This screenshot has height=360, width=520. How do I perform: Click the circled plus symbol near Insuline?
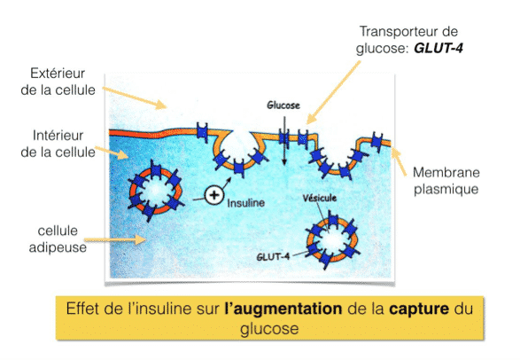[x=214, y=195]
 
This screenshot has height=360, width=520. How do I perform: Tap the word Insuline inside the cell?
[x=245, y=203]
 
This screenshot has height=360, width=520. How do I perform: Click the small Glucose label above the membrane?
[x=283, y=106]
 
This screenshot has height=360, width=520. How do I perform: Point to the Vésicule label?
[x=320, y=198]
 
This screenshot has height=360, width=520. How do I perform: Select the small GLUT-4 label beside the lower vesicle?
[x=273, y=256]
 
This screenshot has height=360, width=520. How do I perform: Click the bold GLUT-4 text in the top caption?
[x=439, y=49]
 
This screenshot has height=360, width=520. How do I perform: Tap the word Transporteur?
[x=394, y=32]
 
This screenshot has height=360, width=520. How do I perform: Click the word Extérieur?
[x=58, y=74]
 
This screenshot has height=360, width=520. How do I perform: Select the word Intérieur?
[x=58, y=136]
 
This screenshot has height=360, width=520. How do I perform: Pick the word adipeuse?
[x=58, y=247]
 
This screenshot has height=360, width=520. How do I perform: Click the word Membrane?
[x=446, y=172]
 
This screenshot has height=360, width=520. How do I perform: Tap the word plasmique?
[x=446, y=190]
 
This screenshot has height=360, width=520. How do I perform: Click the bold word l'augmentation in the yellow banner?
[x=283, y=309]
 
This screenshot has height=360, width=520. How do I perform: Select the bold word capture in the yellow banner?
[x=419, y=309]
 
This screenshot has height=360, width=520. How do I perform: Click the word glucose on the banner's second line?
[x=269, y=329]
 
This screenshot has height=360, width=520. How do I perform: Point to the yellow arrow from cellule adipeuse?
[x=115, y=239]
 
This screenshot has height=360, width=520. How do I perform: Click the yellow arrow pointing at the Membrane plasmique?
[x=399, y=161]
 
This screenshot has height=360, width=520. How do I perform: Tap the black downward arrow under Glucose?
[x=284, y=139]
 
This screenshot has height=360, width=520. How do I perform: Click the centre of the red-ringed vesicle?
[x=156, y=192]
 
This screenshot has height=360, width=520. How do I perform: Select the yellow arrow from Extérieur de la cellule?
[x=135, y=98]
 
